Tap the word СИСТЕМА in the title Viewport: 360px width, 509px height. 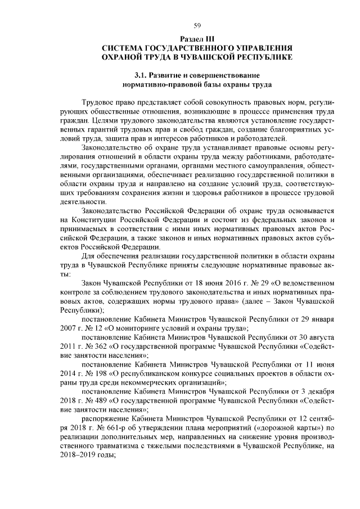[127, 48]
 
